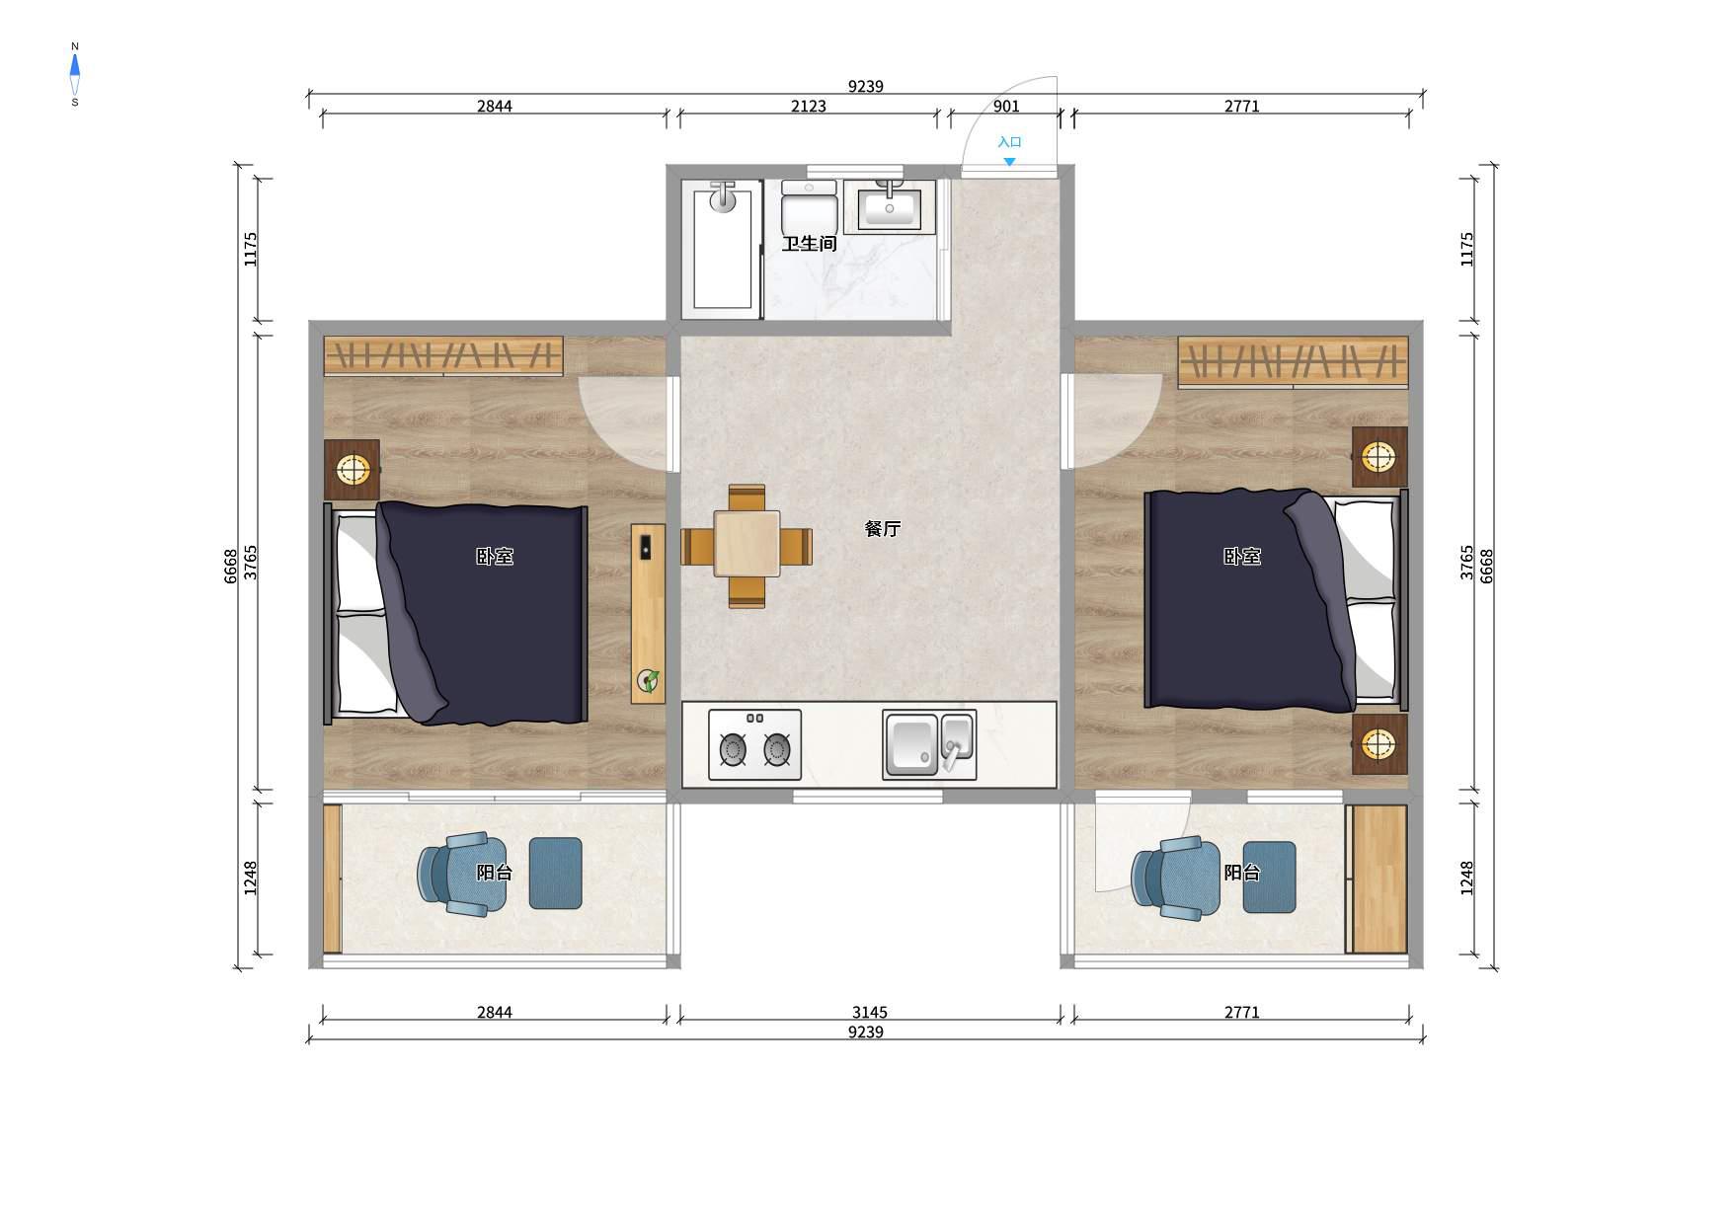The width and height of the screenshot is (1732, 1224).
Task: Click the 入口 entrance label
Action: [1009, 142]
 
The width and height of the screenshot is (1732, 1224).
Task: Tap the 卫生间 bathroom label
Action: [810, 244]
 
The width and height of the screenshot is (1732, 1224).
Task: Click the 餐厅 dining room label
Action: [883, 529]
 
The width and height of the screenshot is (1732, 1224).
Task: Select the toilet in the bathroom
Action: [810, 208]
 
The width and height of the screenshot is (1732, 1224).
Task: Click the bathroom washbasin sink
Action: [890, 206]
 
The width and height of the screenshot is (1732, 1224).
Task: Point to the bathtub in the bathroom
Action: [723, 249]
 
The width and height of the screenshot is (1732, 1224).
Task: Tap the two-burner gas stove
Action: [754, 745]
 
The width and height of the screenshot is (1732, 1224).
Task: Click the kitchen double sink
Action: [929, 745]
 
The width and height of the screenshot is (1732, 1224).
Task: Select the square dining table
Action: [748, 544]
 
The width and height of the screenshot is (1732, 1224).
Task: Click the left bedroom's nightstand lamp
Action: [353, 469]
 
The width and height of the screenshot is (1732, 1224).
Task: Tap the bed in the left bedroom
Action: [456, 612]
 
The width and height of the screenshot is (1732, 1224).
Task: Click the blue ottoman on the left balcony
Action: [555, 873]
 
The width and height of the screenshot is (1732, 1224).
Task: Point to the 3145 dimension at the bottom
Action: [870, 1013]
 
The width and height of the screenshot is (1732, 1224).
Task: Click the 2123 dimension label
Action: [809, 107]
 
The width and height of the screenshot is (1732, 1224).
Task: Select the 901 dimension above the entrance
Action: [1006, 107]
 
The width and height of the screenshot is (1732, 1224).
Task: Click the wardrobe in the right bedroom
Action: [1293, 361]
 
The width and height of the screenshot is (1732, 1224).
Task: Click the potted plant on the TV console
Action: [649, 680]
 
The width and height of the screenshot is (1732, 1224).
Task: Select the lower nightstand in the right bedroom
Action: [1379, 744]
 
